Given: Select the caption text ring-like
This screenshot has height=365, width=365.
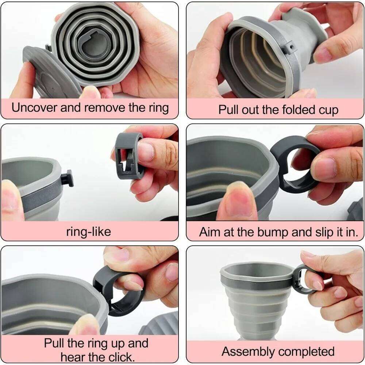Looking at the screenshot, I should tap(89, 231).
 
